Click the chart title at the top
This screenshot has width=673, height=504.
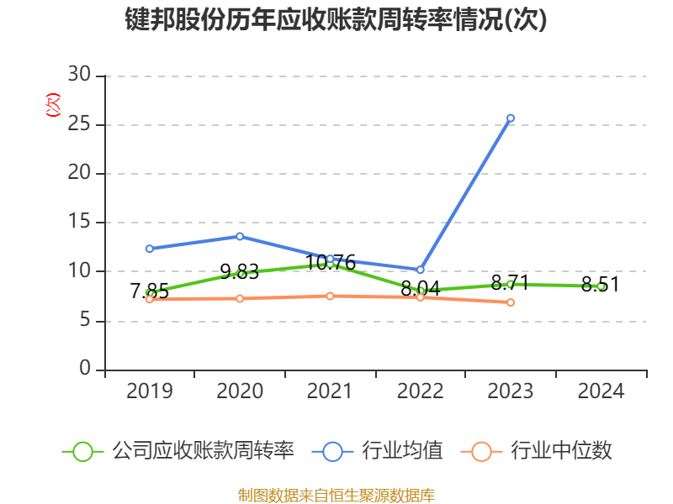coord(336,20)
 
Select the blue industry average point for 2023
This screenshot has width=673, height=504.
coord(511,118)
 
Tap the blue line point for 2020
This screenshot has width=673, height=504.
coord(240,236)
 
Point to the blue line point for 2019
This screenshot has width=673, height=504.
coord(149,249)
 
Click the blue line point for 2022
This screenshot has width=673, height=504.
coord(421,270)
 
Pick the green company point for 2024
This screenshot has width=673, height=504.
coord(601,286)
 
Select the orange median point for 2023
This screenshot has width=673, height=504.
coord(511,302)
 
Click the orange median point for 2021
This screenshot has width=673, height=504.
coord(330,296)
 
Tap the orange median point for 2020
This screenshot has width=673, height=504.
coord(240,298)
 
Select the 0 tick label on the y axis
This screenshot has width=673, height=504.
coord(85,370)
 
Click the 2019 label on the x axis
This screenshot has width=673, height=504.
coord(149,391)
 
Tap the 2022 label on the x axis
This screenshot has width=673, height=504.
coord(421,391)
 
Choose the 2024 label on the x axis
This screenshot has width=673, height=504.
coord(601,391)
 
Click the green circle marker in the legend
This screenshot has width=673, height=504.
coord(82,451)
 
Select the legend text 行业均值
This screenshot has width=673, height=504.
coord(402,451)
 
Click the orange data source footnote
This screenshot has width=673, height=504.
coord(336,495)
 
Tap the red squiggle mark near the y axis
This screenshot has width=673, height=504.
coord(53,106)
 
